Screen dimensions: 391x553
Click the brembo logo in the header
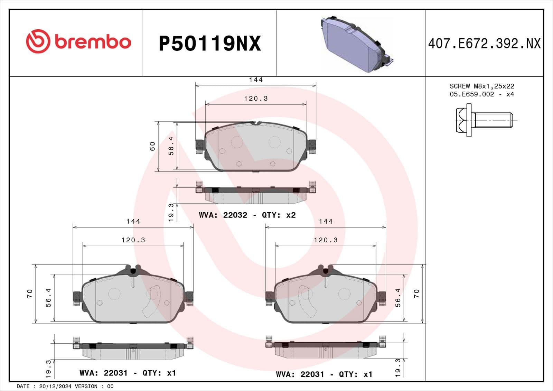pos(78,41)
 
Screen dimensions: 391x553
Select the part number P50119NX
pos(209,44)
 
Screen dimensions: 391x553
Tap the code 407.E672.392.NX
pos(484,44)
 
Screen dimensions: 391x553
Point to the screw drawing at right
pos(484,120)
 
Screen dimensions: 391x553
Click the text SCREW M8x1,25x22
pos(482,86)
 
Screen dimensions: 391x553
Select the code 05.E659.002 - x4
pos(482,94)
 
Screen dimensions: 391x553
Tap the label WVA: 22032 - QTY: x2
pos(247,215)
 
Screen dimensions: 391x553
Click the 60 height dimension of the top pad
pos(152,146)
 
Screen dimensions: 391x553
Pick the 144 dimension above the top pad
pos(256,80)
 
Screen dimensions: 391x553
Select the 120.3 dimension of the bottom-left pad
pos(133,240)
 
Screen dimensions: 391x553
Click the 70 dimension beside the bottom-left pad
pos(30,294)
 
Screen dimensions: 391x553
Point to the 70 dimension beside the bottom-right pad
pos(416,294)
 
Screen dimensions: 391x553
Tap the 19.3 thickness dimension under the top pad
pos(171,212)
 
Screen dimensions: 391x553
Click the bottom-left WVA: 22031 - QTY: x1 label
pos(128,373)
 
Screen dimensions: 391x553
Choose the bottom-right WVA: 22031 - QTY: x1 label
pos(324,374)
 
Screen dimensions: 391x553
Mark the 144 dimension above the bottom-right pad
pos(326,221)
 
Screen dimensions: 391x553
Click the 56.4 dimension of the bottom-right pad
pos(398,298)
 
